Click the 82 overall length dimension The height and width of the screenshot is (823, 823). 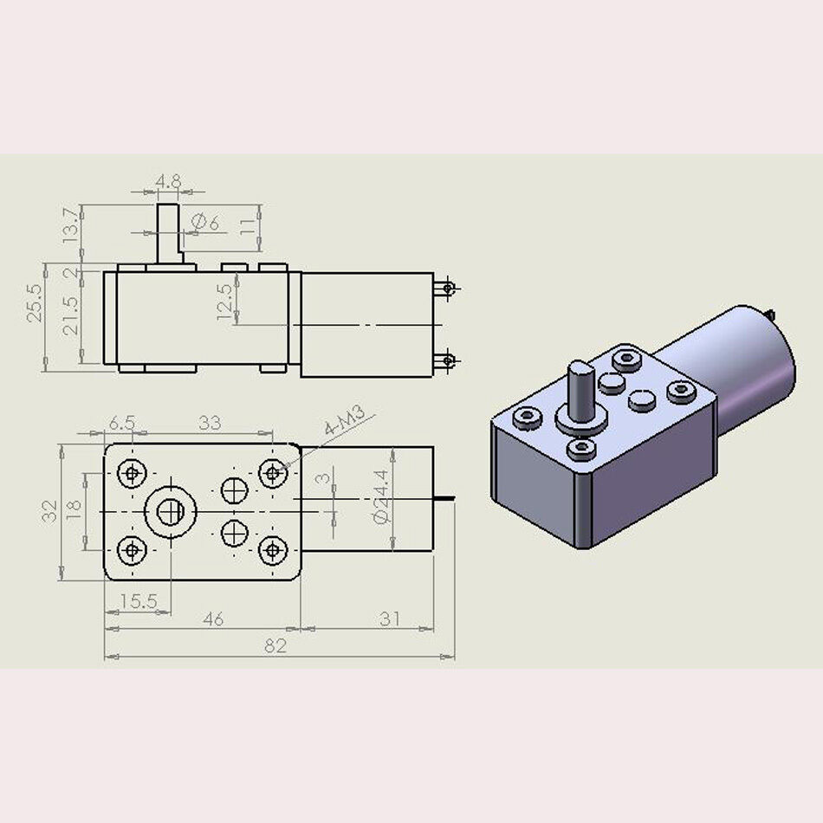click(275, 645)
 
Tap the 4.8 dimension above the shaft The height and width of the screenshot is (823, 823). click(168, 182)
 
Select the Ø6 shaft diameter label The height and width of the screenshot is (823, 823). click(205, 224)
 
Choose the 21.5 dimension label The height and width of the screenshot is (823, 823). click(70, 316)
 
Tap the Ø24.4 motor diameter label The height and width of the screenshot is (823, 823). click(380, 496)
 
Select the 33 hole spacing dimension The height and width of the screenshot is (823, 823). click(210, 423)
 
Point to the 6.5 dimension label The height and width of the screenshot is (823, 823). click(121, 423)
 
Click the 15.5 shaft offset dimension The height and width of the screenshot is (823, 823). click(138, 600)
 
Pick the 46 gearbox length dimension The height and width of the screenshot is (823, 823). click(212, 619)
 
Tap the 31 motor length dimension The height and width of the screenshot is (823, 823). click(391, 619)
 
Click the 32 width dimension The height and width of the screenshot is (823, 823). click(50, 511)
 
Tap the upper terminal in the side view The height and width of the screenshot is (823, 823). click(447, 287)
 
